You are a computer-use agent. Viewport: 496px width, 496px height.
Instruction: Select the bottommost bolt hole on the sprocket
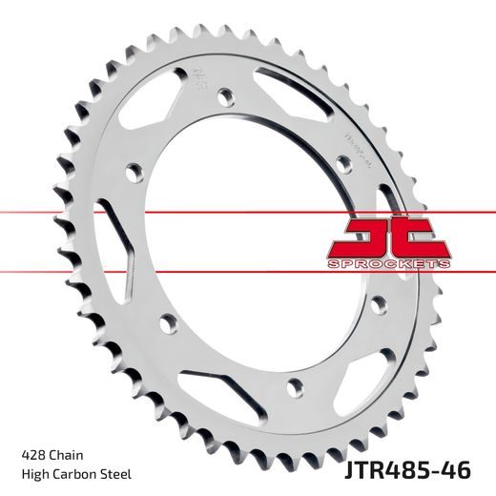point(295,386)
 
